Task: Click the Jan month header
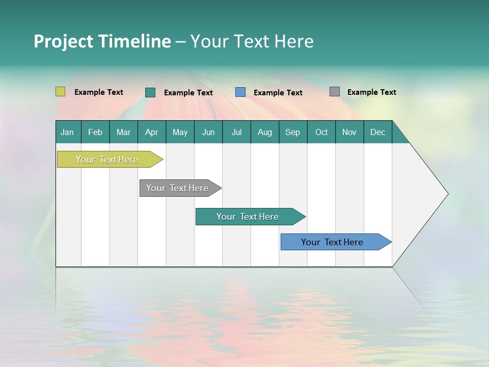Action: [x=68, y=132]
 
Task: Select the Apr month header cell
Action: [x=152, y=132]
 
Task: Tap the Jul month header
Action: [x=236, y=132]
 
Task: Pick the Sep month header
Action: [x=293, y=132]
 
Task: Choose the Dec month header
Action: [x=377, y=132]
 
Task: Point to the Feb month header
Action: [x=95, y=132]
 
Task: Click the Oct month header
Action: [x=321, y=132]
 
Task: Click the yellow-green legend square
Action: [x=61, y=92]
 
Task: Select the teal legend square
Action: [x=150, y=92]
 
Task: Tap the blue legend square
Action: [x=240, y=92]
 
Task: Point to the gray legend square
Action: [x=335, y=92]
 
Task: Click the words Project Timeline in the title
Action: [x=102, y=41]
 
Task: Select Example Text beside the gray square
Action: [x=371, y=92]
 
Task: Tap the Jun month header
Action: [x=208, y=132]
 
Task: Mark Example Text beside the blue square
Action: [x=278, y=93]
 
